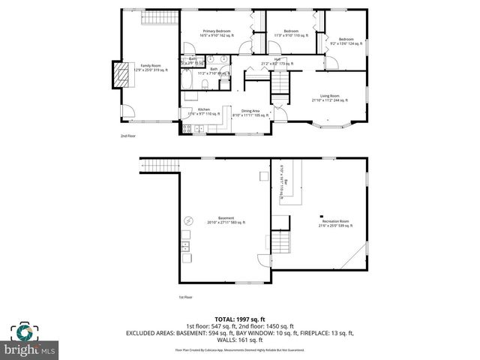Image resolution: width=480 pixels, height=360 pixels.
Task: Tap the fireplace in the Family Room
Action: click(x=118, y=73)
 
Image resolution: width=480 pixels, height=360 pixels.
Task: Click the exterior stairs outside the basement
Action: click(x=157, y=166)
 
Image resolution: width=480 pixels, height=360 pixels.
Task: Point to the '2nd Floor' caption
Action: click(x=128, y=136)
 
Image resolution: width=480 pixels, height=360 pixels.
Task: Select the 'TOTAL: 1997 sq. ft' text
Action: click(x=239, y=319)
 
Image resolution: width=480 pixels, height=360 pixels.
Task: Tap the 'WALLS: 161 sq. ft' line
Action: click(x=239, y=339)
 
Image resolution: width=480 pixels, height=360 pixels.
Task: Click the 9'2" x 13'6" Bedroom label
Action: click(x=345, y=41)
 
